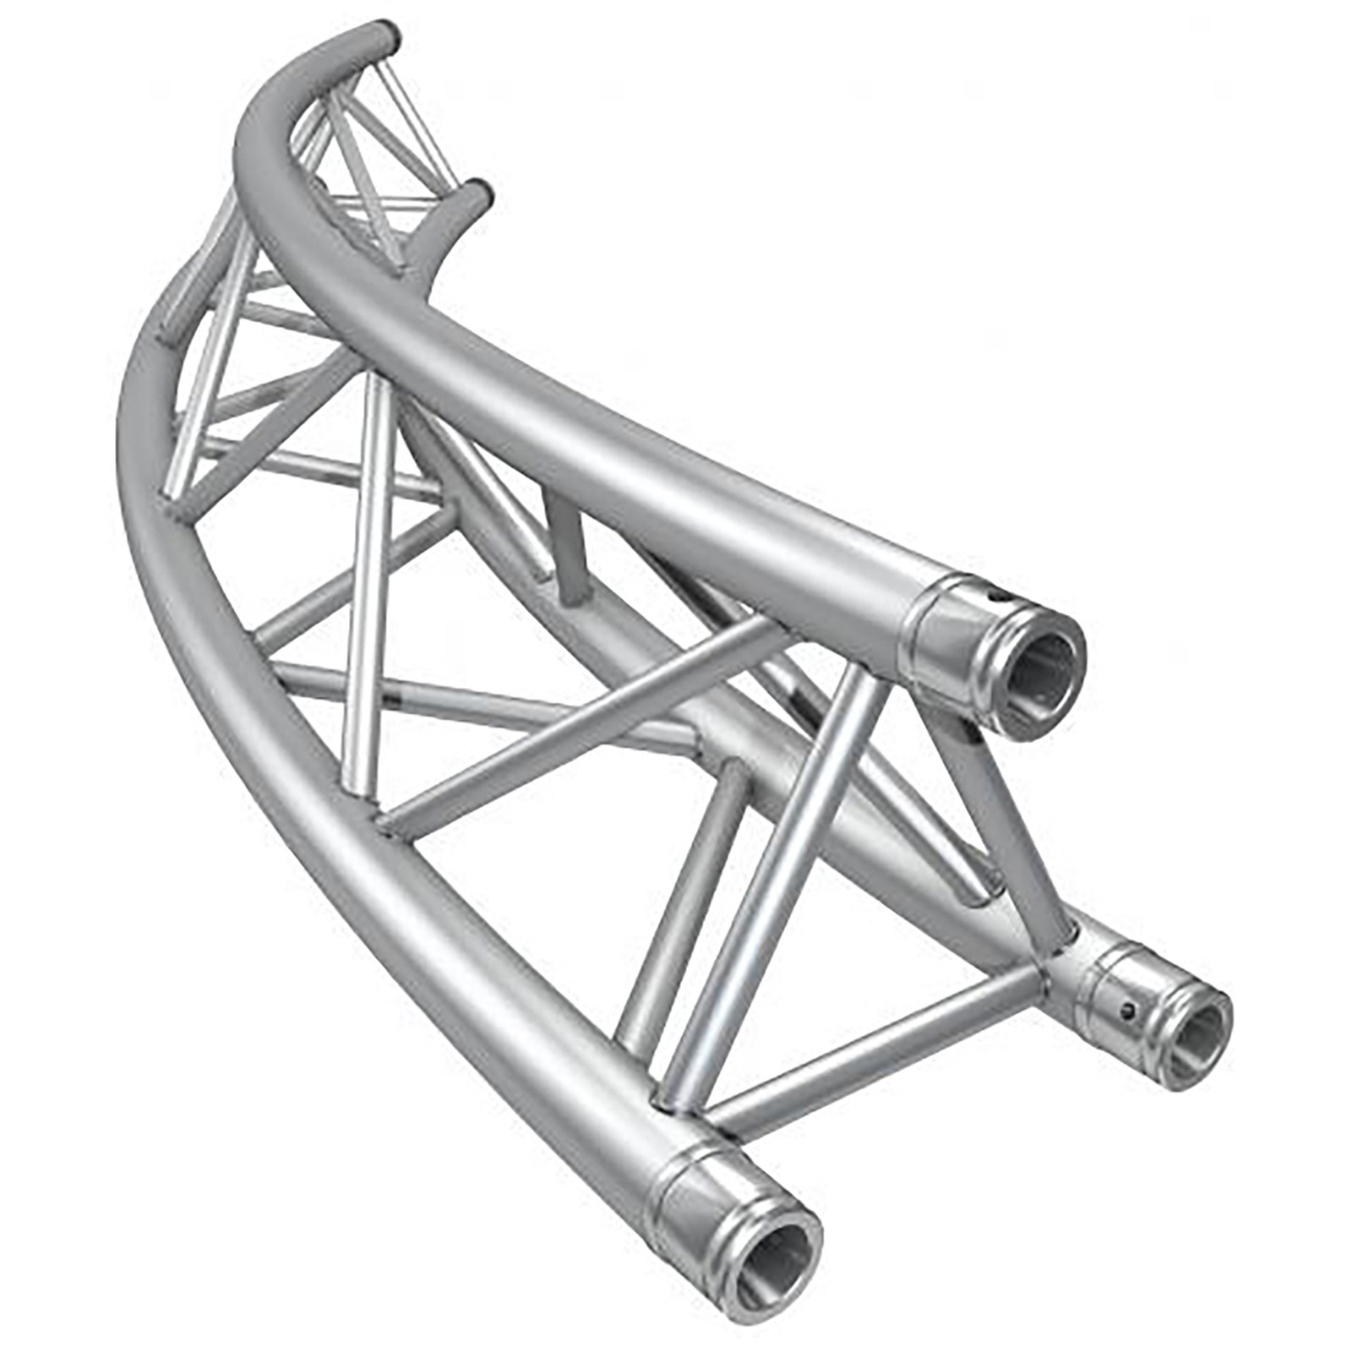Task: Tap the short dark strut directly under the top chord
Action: point(568,549)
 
